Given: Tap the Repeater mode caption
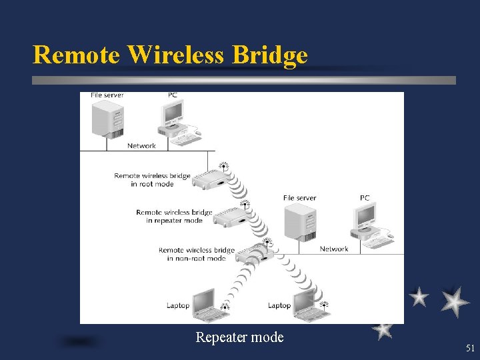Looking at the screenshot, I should tap(239, 337).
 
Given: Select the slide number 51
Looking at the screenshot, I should tap(470, 348).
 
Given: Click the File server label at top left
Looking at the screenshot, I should tap(107, 95).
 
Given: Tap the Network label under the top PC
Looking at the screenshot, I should tap(141, 145).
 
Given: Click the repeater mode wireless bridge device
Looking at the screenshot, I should tap(230, 215).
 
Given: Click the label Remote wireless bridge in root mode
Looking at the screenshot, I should tap(152, 180).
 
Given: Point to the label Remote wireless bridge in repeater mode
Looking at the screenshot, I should tap(174, 217).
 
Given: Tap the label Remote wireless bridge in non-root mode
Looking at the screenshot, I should tap(196, 254).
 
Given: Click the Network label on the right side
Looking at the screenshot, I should tap(334, 249).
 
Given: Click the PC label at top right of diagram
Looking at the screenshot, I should tap(365, 198).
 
